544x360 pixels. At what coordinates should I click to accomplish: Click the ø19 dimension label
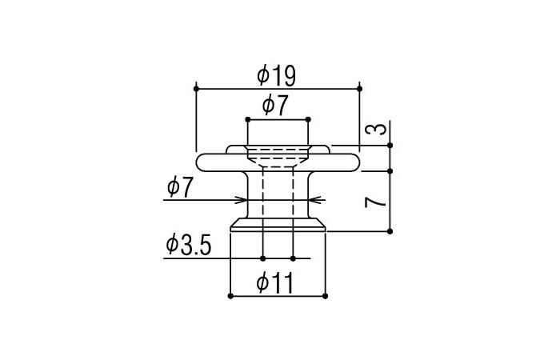[x=277, y=76]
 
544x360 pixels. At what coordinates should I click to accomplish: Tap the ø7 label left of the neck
[x=180, y=188]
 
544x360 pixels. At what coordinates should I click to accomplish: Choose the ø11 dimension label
[x=276, y=282]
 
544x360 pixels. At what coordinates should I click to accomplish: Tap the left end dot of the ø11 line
[x=230, y=297]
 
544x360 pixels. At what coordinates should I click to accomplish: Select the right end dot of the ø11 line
[x=325, y=297]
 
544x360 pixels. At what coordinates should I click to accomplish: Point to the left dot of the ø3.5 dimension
[x=263, y=258]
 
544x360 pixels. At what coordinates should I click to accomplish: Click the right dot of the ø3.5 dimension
[x=294, y=258]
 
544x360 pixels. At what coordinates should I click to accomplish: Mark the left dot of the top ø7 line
[x=247, y=118]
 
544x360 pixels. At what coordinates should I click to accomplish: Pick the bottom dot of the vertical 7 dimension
[x=390, y=231]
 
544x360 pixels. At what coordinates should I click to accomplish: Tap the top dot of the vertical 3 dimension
[x=390, y=145]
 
